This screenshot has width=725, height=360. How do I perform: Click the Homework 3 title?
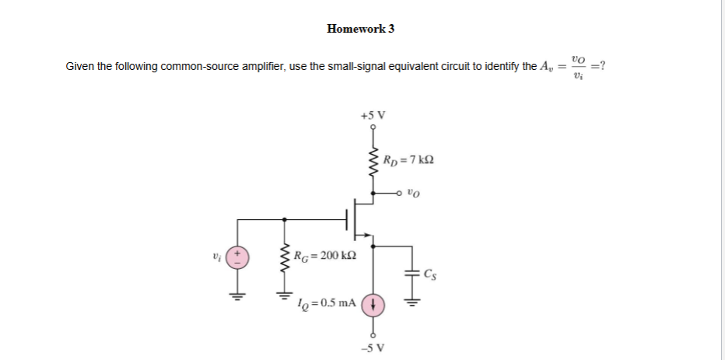coord(361,29)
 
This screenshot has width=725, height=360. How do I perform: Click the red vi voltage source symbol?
coord(238,256)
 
